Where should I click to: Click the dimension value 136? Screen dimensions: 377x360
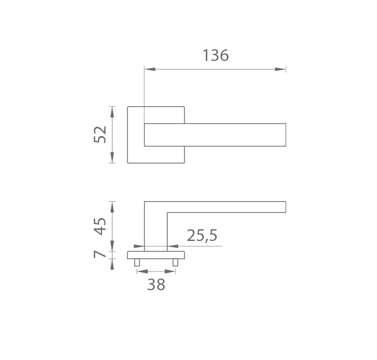click(216, 55)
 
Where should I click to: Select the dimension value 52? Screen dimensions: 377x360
click(100, 134)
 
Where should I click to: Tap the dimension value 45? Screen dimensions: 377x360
click(100, 226)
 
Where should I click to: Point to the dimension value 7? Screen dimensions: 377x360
click(100, 254)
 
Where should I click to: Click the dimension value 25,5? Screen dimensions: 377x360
click(202, 236)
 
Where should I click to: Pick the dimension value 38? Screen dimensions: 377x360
click(156, 284)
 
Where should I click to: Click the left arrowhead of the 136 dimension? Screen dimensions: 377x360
click(150, 69)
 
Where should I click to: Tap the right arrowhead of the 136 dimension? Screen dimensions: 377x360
click(280, 69)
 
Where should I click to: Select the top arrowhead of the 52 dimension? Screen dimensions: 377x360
click(112, 112)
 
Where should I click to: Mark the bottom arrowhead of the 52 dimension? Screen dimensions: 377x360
click(112, 158)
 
